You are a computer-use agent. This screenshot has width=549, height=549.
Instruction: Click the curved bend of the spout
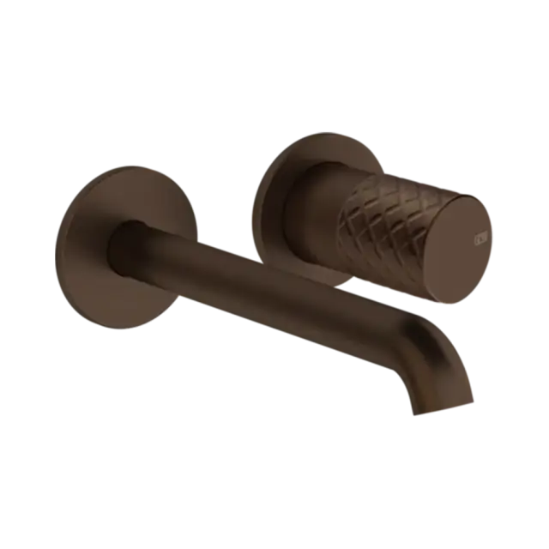[420, 330]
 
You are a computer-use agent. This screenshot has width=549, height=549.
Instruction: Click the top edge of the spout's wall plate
[120, 167]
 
